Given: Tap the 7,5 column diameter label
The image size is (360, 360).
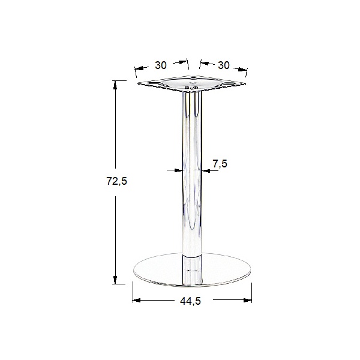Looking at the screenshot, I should coord(220,164).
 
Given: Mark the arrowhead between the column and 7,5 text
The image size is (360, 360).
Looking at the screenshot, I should coord(204,171).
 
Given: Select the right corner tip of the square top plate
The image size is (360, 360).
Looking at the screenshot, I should coord(247,83).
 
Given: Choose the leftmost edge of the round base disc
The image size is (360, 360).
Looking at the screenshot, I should coord(133,272).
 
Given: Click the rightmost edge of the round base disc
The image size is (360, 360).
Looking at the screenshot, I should coord(251,272).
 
